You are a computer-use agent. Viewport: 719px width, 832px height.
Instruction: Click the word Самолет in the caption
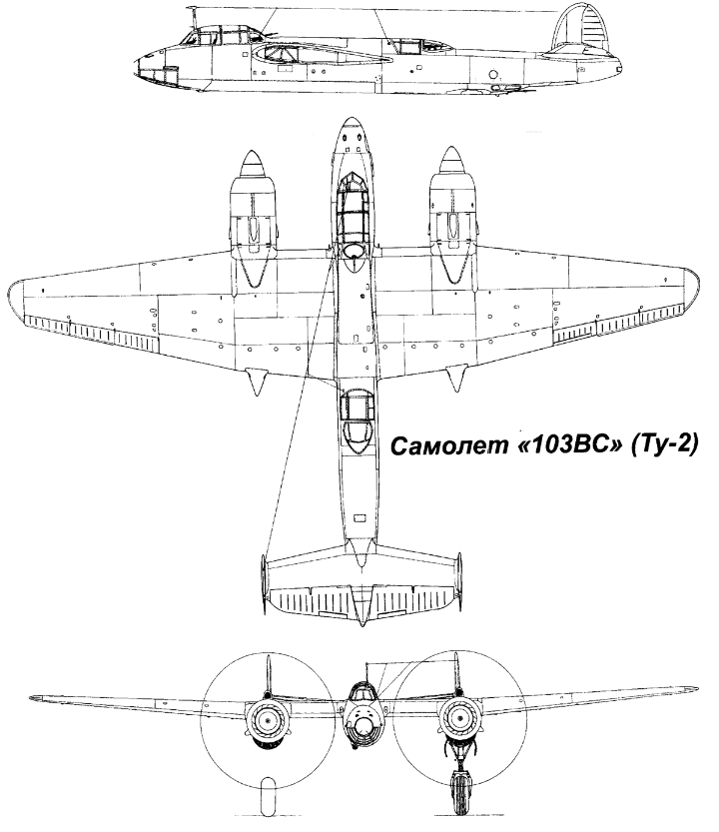pyautogui.click(x=430, y=443)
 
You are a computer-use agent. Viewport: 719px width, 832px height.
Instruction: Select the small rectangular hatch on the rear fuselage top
pyautogui.click(x=357, y=519)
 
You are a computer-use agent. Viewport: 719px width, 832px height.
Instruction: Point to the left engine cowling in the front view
pyautogui.click(x=267, y=716)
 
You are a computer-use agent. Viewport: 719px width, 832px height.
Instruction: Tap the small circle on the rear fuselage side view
pyautogui.click(x=493, y=74)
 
